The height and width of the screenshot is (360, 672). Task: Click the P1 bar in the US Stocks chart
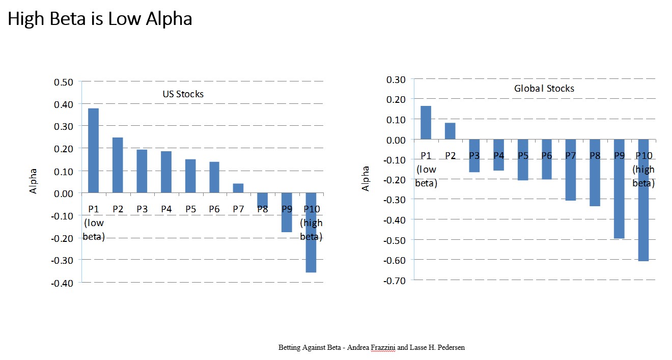click(x=93, y=151)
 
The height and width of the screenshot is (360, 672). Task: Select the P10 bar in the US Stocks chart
click(x=310, y=233)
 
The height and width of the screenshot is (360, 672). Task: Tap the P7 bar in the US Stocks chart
click(x=238, y=188)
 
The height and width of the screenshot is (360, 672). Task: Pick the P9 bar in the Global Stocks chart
click(x=619, y=189)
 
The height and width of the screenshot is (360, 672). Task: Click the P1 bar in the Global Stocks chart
click(x=426, y=123)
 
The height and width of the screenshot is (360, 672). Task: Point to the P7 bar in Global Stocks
click(x=570, y=170)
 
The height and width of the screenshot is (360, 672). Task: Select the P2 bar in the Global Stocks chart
click(x=450, y=131)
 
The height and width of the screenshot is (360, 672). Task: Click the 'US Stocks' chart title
click(x=183, y=94)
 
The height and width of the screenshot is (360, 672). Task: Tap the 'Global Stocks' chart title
click(x=544, y=89)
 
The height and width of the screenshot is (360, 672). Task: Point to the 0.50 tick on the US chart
click(x=64, y=82)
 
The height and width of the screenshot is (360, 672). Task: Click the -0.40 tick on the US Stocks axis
click(x=62, y=282)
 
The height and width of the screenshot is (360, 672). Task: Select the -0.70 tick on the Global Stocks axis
click(x=396, y=280)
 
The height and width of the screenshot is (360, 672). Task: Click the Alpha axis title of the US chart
click(x=34, y=181)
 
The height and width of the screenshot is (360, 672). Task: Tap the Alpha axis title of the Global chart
click(x=366, y=178)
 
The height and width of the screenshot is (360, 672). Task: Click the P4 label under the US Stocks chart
click(x=166, y=209)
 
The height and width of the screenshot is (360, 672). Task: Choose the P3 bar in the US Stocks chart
click(x=142, y=171)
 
